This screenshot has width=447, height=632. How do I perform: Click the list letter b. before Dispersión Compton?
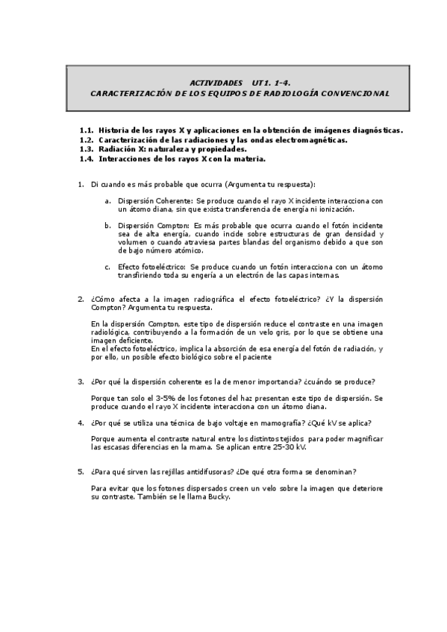[108, 226]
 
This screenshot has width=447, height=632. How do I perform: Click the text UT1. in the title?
[264, 82]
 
